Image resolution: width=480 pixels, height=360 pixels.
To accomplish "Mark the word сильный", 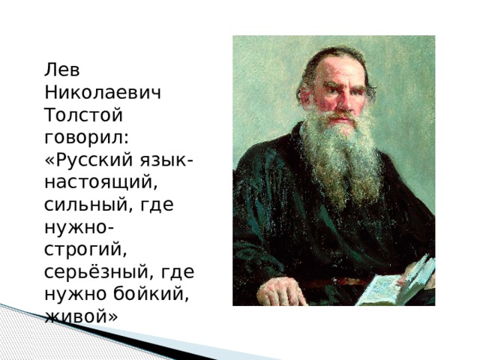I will click(x=82, y=205).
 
